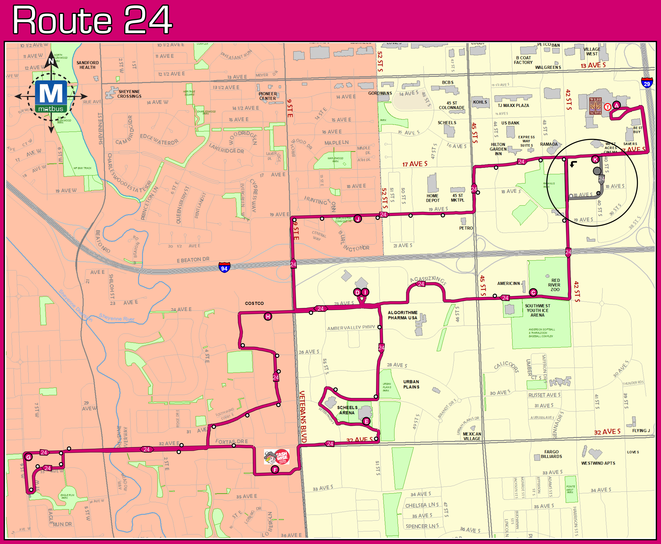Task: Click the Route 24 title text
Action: pos(92,20)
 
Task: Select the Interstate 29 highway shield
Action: pos(647,83)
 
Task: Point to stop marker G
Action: pos(28,457)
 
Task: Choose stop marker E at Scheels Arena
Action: pos(366,421)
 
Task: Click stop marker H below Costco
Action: pos(268,317)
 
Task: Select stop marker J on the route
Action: pos(358,219)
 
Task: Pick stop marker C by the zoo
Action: pos(533,292)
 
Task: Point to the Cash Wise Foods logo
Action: pos(277,457)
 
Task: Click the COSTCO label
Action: pos(254,303)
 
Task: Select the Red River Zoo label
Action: pos(555,285)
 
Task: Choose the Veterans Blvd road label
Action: pos(303,417)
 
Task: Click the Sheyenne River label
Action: pos(117,317)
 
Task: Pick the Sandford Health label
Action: pos(88,65)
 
